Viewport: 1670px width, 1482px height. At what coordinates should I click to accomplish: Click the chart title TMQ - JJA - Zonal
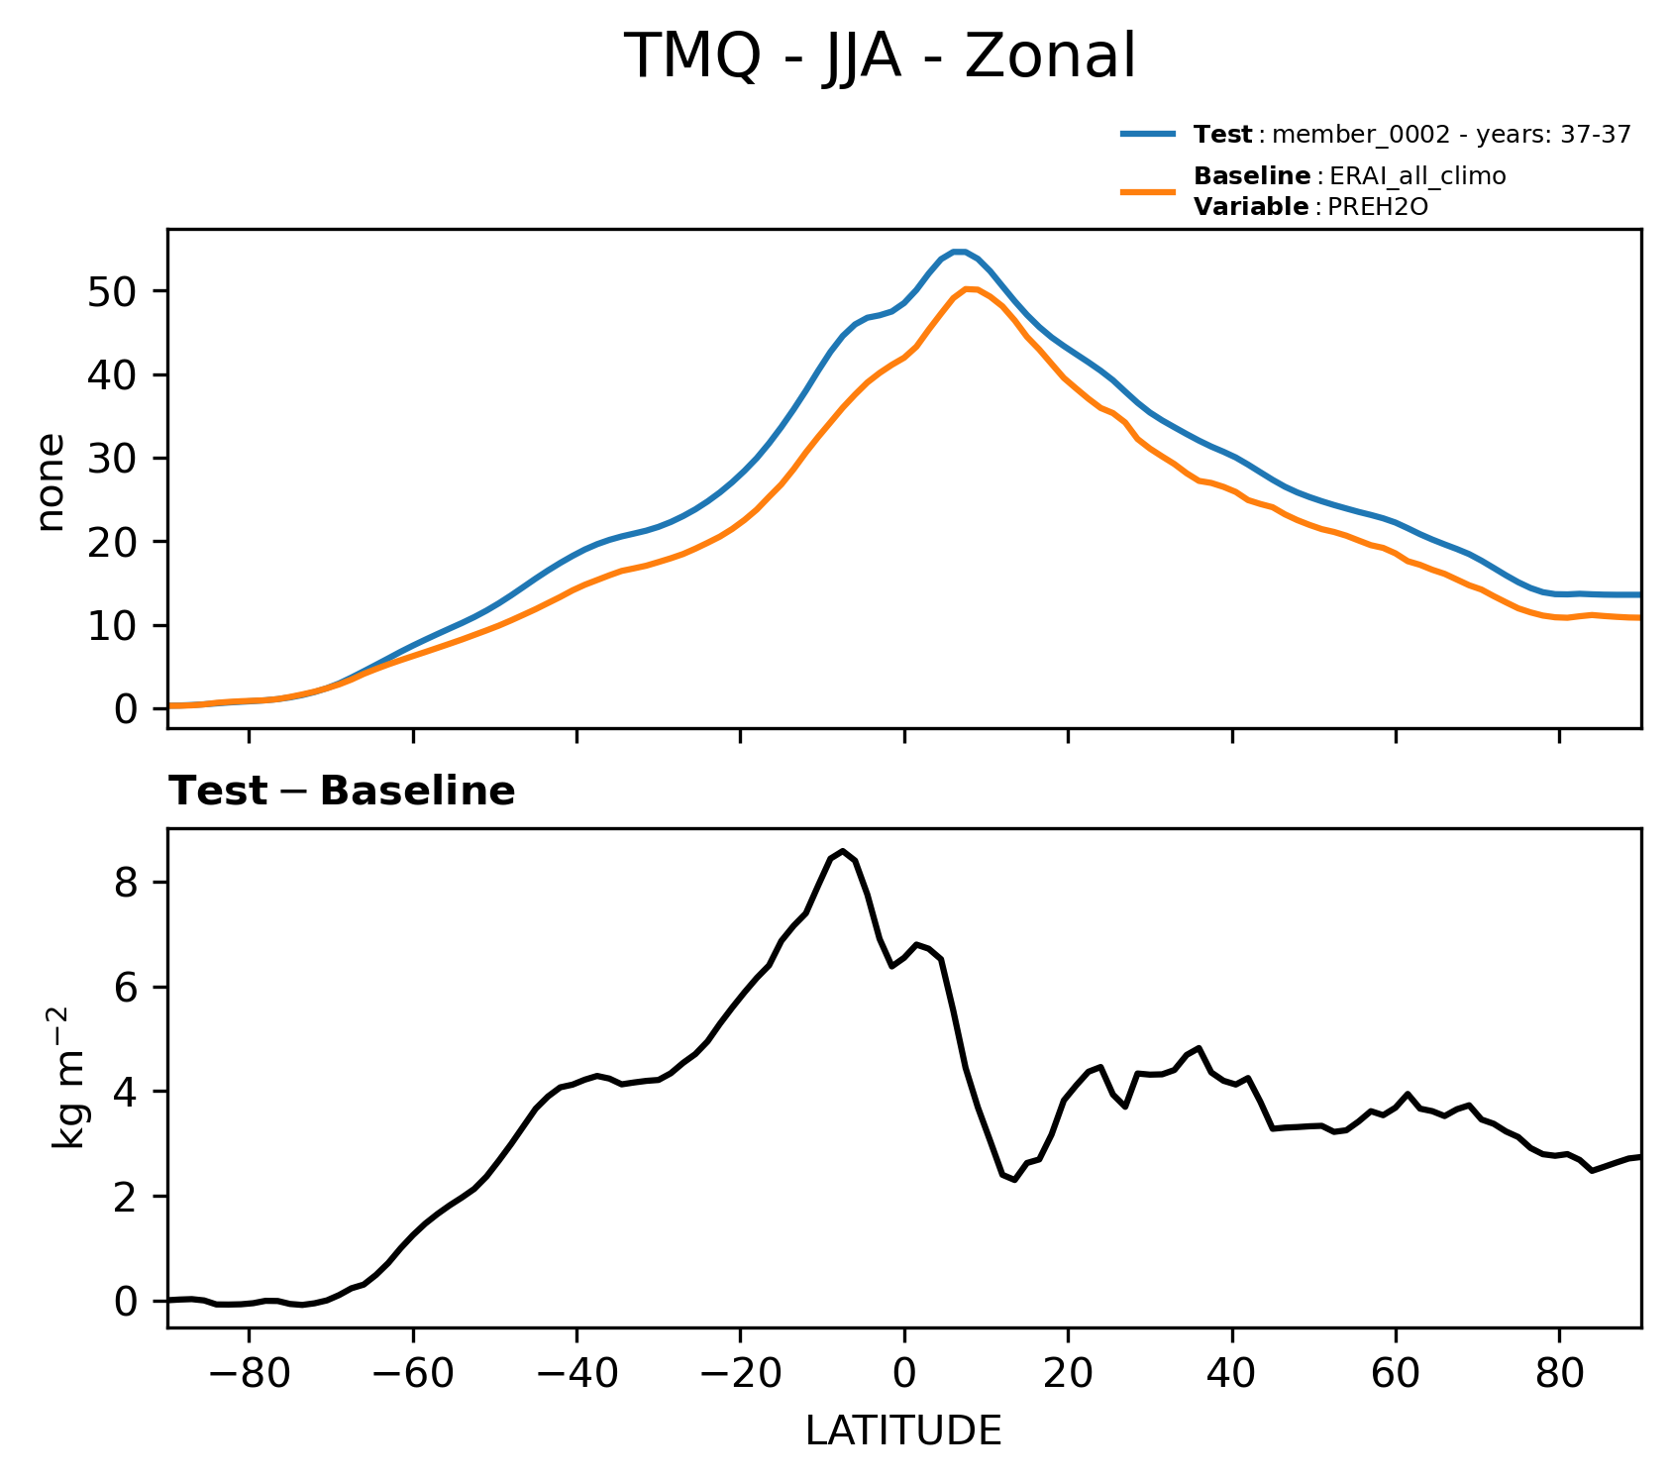pyautogui.click(x=880, y=56)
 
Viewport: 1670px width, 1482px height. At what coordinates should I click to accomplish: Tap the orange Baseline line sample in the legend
pyautogui.click(x=1148, y=191)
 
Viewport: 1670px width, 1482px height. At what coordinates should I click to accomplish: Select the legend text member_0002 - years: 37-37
pyautogui.click(x=1450, y=135)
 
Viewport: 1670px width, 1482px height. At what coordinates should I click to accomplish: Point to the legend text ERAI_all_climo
pyautogui.click(x=1417, y=176)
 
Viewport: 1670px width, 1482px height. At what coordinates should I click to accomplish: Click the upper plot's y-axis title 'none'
pyautogui.click(x=50, y=482)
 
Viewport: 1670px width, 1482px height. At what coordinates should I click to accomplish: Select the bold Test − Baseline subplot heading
pyautogui.click(x=342, y=792)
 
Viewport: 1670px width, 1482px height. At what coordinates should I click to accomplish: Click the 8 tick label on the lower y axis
pyautogui.click(x=126, y=883)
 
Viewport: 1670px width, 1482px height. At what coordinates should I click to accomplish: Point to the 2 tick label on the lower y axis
pyautogui.click(x=126, y=1197)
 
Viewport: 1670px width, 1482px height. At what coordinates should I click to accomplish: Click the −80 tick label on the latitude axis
pyautogui.click(x=248, y=1375)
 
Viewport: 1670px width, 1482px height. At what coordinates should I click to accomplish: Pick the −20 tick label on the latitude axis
pyautogui.click(x=739, y=1375)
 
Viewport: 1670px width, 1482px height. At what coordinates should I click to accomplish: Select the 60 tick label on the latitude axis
pyautogui.click(x=1396, y=1375)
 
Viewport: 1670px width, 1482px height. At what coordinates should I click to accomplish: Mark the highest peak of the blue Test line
pyautogui.click(x=958, y=252)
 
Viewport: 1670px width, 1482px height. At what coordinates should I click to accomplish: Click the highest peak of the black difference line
pyautogui.click(x=843, y=851)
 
